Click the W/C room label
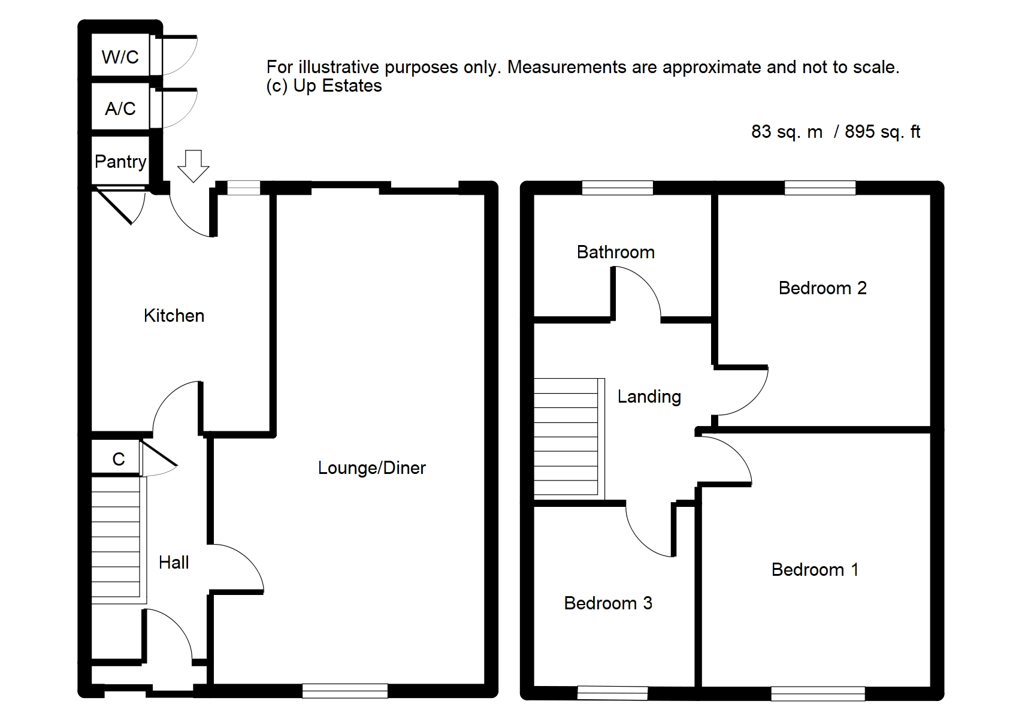point(120,57)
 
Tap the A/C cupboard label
point(120,108)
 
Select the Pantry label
point(120,162)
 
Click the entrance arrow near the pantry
point(193,166)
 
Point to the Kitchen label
point(174,316)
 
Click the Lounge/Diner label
point(372,468)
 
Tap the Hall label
point(174,563)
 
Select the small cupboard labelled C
point(119,459)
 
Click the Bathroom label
point(616,252)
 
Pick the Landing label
point(649,397)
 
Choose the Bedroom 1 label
point(815,570)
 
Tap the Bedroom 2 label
point(823,288)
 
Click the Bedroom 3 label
point(608,603)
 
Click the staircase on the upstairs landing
point(569,437)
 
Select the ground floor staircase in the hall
point(119,540)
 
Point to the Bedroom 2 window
point(820,188)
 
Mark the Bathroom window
point(617,188)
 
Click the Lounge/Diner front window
point(345,691)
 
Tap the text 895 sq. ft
point(882,132)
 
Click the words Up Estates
point(337,86)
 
